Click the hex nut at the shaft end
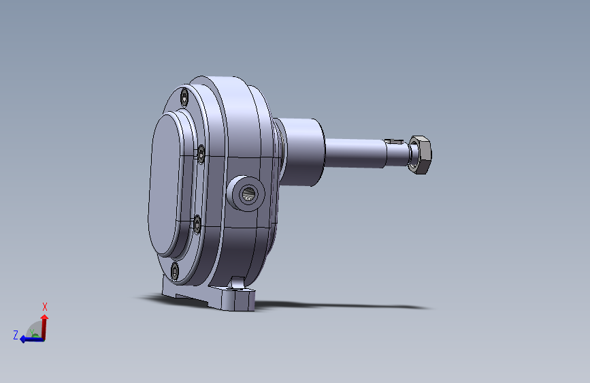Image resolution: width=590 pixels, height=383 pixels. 421,155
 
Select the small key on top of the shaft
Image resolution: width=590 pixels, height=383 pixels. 394,142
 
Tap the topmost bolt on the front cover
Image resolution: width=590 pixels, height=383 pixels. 184,98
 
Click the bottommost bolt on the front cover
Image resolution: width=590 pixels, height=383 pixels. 175,271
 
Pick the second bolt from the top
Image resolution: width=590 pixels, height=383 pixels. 201,154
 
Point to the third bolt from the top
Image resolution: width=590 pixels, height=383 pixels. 197,224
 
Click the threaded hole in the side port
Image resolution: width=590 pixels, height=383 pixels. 248,194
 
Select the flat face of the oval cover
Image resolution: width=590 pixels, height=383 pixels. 165,185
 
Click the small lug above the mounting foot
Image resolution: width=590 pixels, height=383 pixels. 237,282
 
